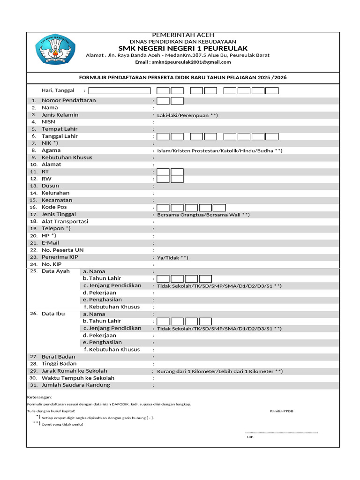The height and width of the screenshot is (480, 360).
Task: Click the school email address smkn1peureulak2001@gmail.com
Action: click(x=183, y=62)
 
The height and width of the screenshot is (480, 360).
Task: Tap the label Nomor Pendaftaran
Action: click(x=68, y=100)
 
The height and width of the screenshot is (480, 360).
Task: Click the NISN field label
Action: click(x=48, y=122)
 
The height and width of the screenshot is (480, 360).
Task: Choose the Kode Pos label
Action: click(x=55, y=207)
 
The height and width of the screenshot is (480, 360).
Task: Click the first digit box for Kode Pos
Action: click(x=163, y=207)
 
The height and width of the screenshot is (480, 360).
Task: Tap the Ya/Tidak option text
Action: click(x=172, y=257)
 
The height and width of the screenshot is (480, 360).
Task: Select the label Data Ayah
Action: click(x=55, y=271)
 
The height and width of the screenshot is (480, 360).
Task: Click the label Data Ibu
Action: click(x=53, y=314)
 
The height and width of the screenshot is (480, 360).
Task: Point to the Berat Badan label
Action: click(x=59, y=357)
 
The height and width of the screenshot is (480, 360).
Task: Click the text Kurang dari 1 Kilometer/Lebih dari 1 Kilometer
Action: click(x=219, y=371)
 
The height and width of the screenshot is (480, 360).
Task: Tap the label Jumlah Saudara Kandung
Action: click(x=76, y=385)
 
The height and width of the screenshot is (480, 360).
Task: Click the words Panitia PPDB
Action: click(x=282, y=411)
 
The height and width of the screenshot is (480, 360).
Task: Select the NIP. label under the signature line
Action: click(x=250, y=437)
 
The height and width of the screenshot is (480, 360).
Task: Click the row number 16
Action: click(x=33, y=207)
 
